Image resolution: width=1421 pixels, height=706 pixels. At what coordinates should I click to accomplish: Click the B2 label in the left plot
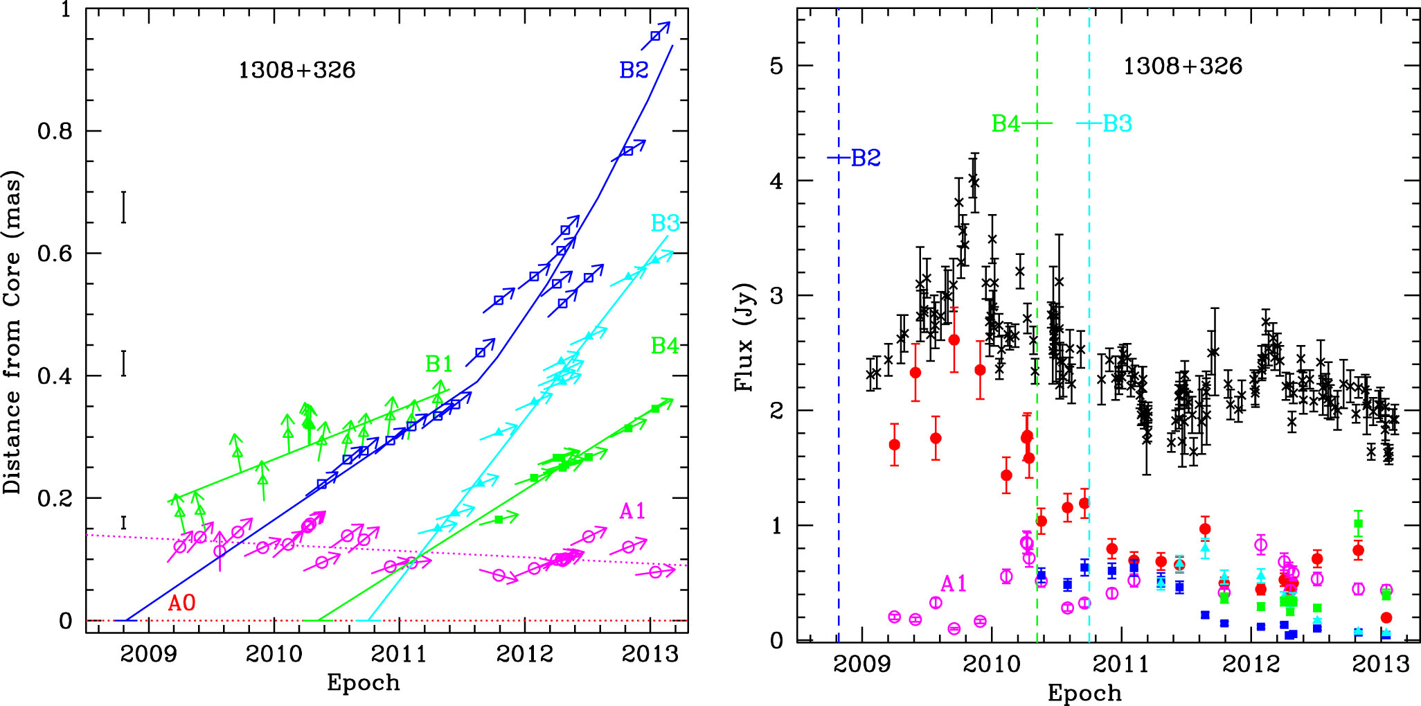click(634, 70)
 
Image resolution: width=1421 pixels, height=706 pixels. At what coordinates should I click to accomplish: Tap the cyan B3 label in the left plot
click(665, 223)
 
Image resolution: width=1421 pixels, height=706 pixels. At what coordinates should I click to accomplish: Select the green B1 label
click(439, 363)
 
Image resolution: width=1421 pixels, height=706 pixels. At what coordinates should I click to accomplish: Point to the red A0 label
click(182, 603)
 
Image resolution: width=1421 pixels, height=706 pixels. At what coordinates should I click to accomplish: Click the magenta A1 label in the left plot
click(632, 511)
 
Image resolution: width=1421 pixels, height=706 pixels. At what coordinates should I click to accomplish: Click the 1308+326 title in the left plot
click(296, 70)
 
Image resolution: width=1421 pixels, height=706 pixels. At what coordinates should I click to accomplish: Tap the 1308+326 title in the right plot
click(1182, 67)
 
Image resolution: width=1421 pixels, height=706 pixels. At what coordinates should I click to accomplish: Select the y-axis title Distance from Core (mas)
click(13, 333)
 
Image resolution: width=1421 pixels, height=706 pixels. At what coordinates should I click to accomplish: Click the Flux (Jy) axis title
click(744, 337)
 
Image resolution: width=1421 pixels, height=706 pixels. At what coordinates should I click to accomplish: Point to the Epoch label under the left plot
click(363, 683)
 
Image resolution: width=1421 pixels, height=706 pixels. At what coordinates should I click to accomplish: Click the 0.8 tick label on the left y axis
click(55, 131)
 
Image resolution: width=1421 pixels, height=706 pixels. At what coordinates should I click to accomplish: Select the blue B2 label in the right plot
click(865, 158)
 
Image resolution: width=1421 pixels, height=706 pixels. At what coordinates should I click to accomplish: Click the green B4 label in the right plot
click(1006, 124)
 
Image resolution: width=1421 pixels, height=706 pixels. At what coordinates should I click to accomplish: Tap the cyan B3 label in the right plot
click(1117, 124)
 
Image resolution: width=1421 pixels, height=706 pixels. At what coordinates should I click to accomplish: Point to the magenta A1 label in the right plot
click(953, 584)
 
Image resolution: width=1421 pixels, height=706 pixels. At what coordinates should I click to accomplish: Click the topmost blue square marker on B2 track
click(655, 36)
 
